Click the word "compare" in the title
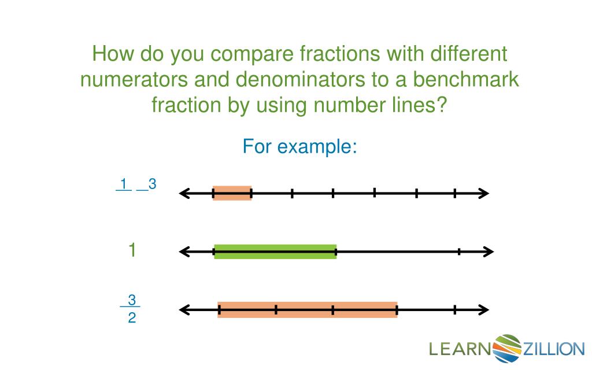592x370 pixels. (x=252, y=54)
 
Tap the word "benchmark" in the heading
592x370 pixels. (x=465, y=79)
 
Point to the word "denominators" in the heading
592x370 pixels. (x=301, y=79)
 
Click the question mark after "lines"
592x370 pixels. (x=442, y=105)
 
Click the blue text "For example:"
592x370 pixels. (x=300, y=146)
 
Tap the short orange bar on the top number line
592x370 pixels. (x=232, y=193)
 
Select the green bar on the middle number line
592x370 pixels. (x=275, y=252)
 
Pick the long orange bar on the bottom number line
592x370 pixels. (x=308, y=310)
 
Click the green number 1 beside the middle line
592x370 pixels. (x=132, y=250)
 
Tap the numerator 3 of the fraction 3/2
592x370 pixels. (x=132, y=300)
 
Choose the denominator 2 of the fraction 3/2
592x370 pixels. (x=132, y=318)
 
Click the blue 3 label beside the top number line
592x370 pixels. (x=152, y=184)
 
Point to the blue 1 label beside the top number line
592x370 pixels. (x=124, y=184)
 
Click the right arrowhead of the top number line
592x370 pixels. (x=484, y=193)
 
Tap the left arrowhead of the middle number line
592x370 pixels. (x=184, y=252)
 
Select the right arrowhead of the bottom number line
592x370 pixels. (x=484, y=310)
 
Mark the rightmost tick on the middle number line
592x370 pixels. (x=459, y=252)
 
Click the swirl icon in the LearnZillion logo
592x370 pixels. (x=506, y=348)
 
